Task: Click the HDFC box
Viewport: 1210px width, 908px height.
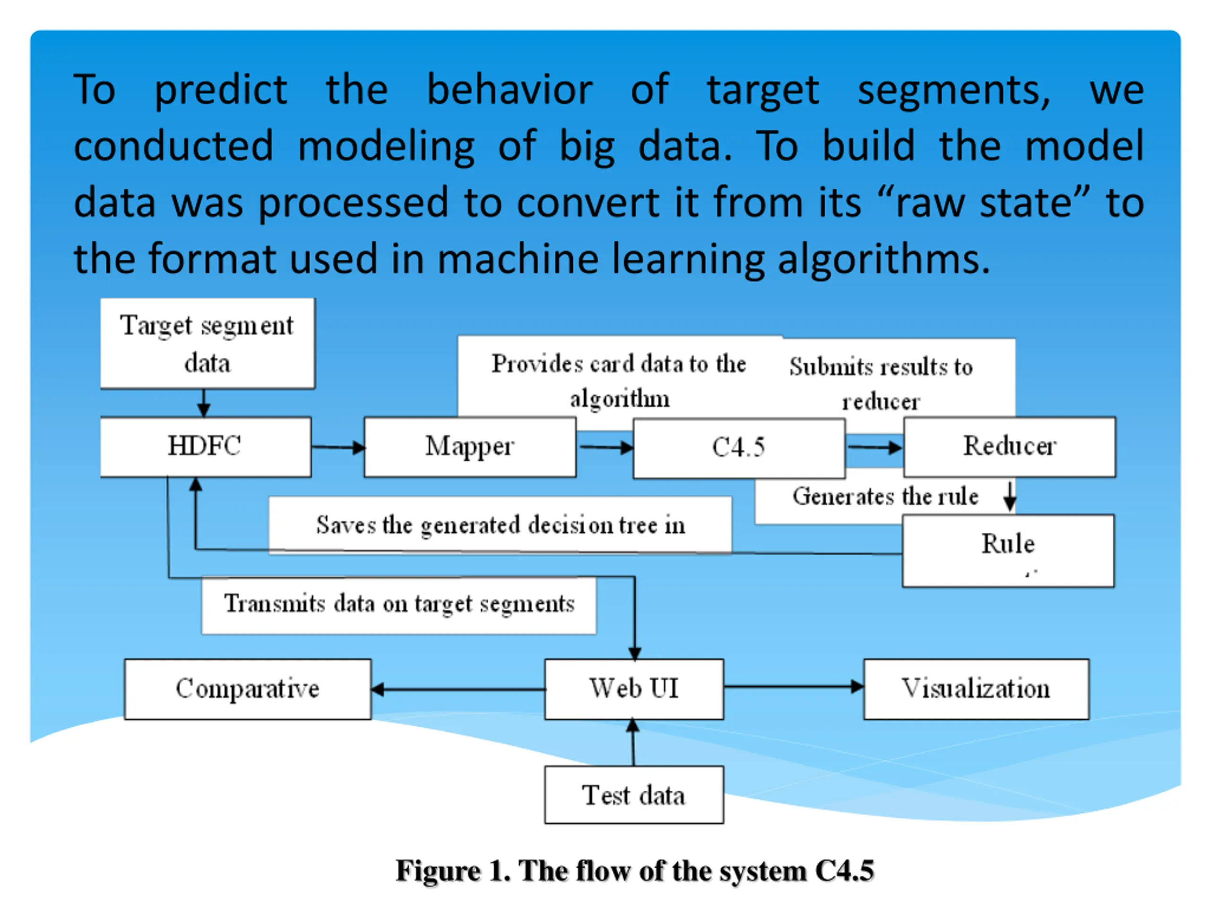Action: click(206, 446)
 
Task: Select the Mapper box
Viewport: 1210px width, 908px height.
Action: click(470, 446)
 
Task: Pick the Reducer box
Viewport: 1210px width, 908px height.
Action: click(1009, 446)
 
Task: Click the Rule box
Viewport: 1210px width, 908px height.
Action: click(1008, 550)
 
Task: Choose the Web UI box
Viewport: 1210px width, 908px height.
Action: click(634, 689)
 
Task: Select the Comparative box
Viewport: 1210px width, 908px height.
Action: click(247, 689)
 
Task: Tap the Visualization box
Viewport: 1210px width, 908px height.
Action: click(976, 689)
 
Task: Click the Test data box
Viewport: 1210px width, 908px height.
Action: click(634, 794)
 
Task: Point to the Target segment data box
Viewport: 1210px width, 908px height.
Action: click(207, 343)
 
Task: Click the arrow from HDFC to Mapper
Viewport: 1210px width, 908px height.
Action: click(338, 448)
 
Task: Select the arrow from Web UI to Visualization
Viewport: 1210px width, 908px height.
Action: click(793, 686)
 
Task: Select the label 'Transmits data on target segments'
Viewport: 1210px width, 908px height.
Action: click(399, 605)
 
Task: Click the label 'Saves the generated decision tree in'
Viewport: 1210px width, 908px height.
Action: click(500, 525)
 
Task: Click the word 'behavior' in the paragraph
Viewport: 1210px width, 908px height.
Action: click(509, 90)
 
